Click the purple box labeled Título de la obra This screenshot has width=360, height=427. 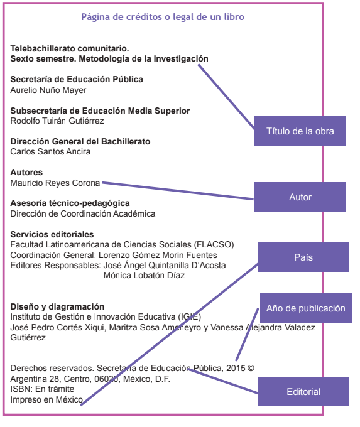[300, 131]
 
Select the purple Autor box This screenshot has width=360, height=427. [300, 197]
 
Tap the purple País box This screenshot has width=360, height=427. [303, 257]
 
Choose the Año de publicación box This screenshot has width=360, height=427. [306, 308]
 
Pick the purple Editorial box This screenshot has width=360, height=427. [303, 392]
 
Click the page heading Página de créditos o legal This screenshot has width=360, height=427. [163, 17]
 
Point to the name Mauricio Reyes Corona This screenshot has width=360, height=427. [55, 183]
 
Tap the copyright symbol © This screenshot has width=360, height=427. [251, 368]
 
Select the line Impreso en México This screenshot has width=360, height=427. [46, 399]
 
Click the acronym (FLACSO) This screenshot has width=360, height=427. [214, 244]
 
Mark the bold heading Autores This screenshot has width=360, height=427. [26, 173]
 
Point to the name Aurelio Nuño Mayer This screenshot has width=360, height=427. [48, 90]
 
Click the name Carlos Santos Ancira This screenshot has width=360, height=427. [50, 152]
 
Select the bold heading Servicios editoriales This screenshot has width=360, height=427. [52, 234]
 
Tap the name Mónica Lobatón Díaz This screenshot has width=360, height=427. [144, 275]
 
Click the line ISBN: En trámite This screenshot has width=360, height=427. [42, 389]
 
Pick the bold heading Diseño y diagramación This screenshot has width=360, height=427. [57, 306]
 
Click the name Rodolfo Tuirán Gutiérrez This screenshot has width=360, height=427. [57, 121]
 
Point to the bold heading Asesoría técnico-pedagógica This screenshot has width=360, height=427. [70, 203]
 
